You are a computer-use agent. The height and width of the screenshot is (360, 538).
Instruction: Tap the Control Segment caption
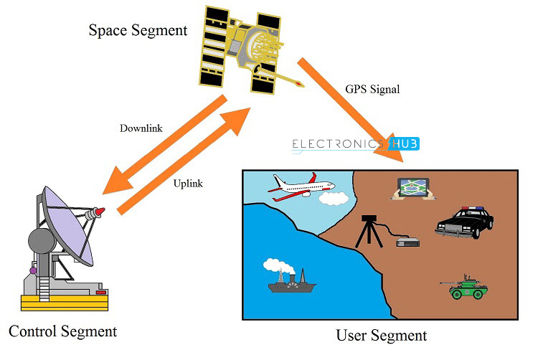point(62,331)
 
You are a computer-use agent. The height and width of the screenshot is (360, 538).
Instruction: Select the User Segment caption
point(381,335)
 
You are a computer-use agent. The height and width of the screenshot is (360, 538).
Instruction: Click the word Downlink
point(141,128)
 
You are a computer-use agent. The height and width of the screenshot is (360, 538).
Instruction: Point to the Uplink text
point(188,184)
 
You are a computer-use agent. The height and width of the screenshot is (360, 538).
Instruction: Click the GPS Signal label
point(372,90)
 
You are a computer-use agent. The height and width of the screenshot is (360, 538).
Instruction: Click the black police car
point(464,223)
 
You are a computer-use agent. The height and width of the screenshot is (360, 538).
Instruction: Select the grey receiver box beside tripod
point(407,241)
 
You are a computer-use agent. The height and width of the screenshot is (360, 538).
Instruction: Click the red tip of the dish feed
point(100,211)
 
